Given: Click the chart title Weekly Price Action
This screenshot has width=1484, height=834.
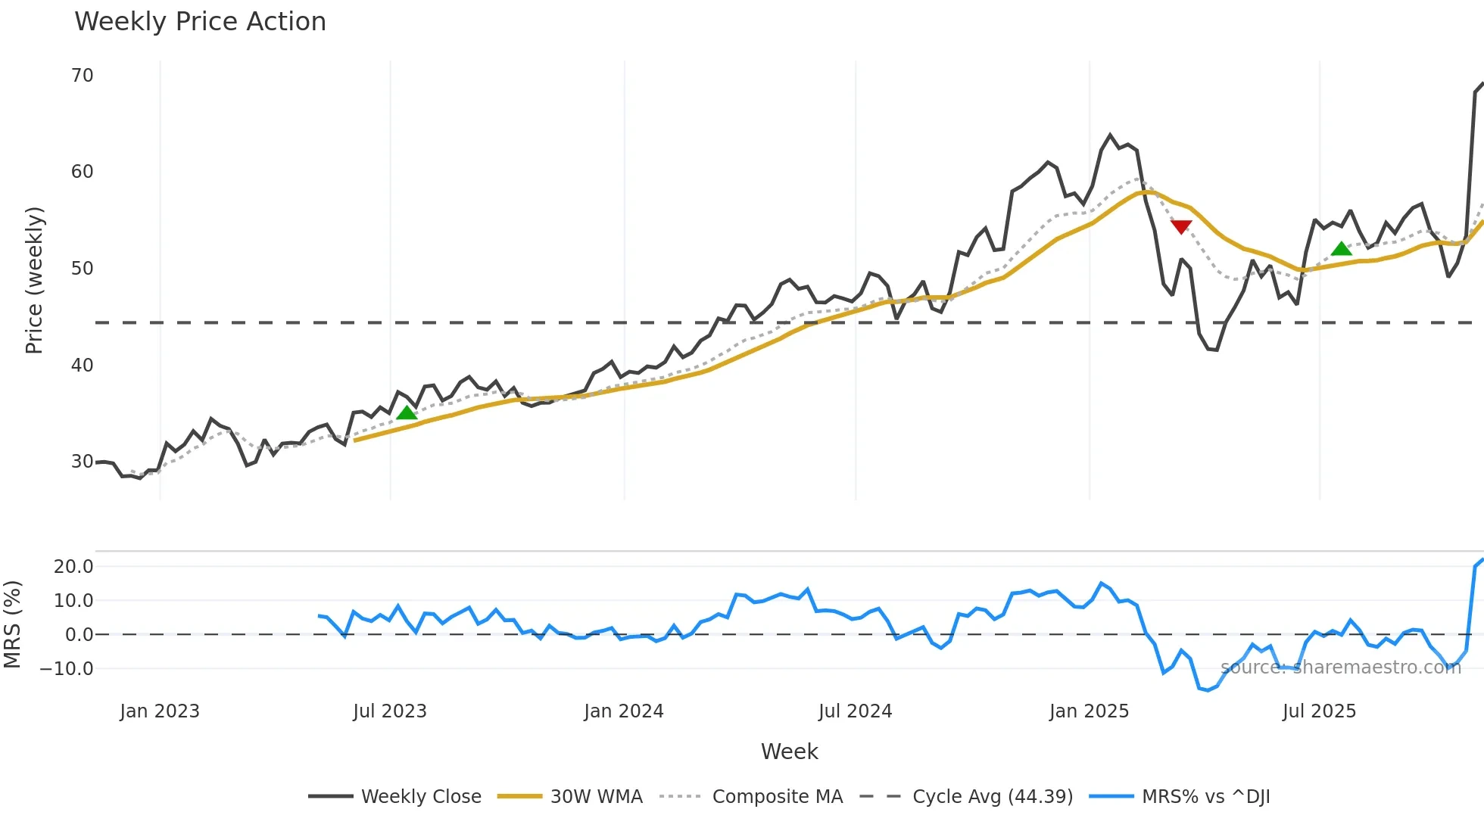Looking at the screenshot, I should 200,22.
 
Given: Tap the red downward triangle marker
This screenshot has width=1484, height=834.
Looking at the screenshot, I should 1181,226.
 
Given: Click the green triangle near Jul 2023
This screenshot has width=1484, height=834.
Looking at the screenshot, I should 407,412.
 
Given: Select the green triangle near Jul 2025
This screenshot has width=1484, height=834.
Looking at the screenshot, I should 1341,249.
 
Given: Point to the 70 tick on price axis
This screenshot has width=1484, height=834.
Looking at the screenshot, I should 83,76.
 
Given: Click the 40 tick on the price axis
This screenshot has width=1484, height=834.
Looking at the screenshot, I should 83,366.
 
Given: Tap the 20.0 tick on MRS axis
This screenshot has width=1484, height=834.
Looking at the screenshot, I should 73,567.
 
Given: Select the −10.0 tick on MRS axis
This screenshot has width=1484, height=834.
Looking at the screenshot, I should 67,669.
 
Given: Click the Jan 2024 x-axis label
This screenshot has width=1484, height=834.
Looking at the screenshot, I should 624,711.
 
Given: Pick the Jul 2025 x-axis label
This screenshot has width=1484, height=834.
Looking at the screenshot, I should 1319,711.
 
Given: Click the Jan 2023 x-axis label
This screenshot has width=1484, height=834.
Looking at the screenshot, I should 160,711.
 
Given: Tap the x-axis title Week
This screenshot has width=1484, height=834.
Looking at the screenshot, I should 789,752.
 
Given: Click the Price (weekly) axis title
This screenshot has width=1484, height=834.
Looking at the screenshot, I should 34,280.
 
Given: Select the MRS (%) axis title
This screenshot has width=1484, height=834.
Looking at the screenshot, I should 13,624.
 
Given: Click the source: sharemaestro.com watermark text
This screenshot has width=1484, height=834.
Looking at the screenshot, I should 1340,668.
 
